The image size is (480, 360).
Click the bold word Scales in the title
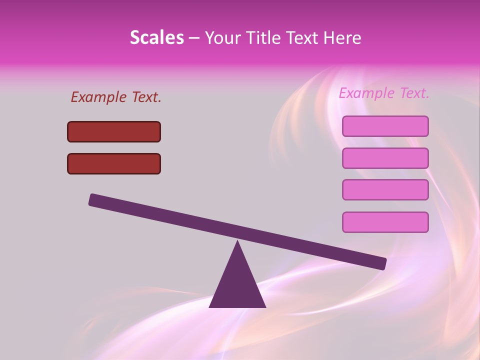pyautogui.click(x=156, y=37)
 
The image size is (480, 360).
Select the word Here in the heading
pyautogui.click(x=341, y=37)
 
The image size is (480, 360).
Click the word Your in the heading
pyautogui.click(x=223, y=38)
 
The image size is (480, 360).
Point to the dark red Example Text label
pyautogui.click(x=116, y=97)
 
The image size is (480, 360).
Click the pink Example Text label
pyautogui.click(x=384, y=93)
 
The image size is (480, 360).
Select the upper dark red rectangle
pyautogui.click(x=114, y=131)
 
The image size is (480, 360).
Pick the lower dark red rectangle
pyautogui.click(x=114, y=163)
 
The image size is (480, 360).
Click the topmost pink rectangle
pyautogui.click(x=385, y=126)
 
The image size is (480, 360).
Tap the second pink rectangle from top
pyautogui.click(x=385, y=158)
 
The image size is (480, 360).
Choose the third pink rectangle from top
pyautogui.click(x=385, y=190)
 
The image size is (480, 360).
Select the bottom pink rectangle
pyautogui.click(x=385, y=222)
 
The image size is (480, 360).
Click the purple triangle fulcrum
pyautogui.click(x=237, y=285)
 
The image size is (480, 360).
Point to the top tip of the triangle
pyautogui.click(x=237, y=242)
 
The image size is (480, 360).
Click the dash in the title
pyautogui.click(x=194, y=38)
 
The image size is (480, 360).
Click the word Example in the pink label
pyautogui.click(x=366, y=93)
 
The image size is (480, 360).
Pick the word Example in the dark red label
pyautogui.click(x=98, y=97)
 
